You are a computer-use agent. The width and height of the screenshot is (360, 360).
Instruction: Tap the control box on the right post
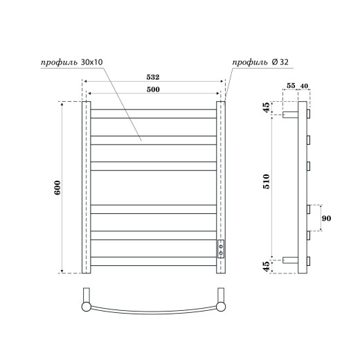tap(221, 250)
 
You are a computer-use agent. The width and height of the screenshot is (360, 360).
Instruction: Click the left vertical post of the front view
tap(87, 187)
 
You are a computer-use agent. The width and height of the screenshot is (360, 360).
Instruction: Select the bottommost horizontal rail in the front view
tap(154, 261)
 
